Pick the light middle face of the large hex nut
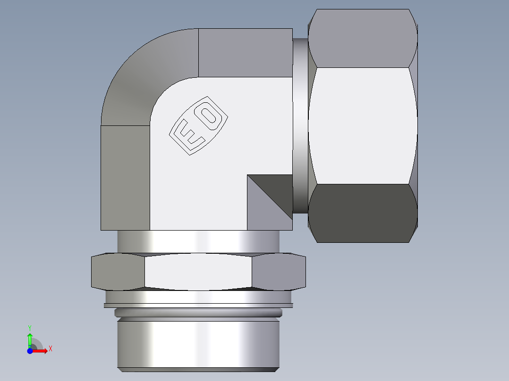(362, 125)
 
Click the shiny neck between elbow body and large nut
(299, 125)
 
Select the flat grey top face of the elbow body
(245, 52)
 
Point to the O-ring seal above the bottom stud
(198, 312)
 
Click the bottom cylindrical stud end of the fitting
(198, 344)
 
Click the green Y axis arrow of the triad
(30, 338)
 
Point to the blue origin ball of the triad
(30, 350)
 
